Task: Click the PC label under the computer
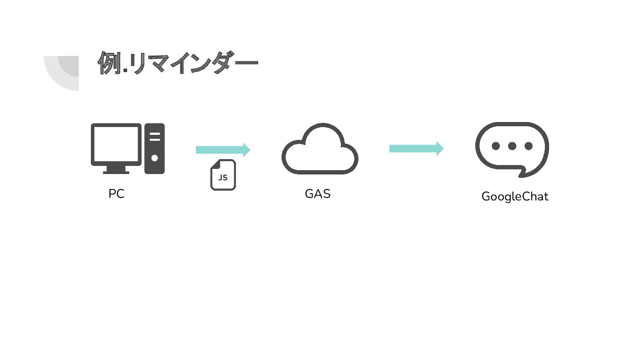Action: click(116, 194)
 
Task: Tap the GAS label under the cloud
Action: click(317, 194)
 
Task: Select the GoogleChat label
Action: click(515, 196)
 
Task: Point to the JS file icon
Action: click(223, 175)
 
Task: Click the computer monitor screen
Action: click(116, 144)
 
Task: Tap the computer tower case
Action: click(154, 148)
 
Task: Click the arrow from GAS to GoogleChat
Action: click(416, 148)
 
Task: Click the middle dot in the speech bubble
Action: click(512, 146)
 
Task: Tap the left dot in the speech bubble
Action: click(496, 146)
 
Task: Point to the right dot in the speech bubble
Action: click(529, 146)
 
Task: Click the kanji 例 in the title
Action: click(109, 63)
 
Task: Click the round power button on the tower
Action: click(154, 158)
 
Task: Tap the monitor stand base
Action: click(116, 172)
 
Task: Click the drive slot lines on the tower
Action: click(154, 136)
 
